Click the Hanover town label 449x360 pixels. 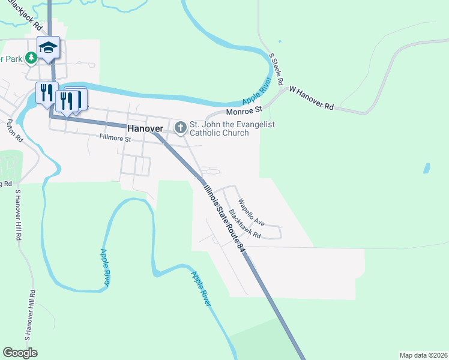pos(145,128)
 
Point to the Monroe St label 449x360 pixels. pos(244,111)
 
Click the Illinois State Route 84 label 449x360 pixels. pos(223,216)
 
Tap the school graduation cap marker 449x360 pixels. pos(48,47)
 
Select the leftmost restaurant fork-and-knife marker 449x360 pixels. pos(44,93)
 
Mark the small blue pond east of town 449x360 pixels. pos(427,168)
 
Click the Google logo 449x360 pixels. pos(20,353)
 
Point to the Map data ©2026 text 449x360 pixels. pos(423,355)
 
